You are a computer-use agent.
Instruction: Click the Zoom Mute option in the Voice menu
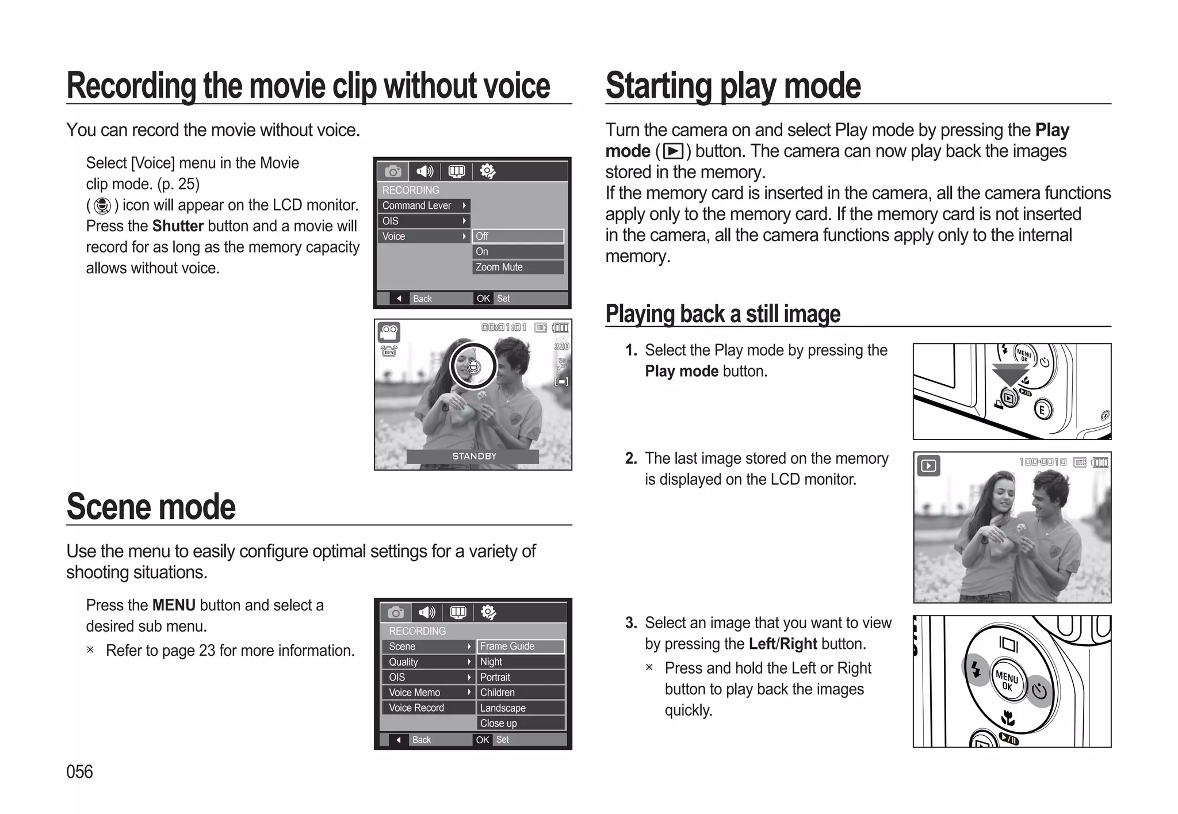518,267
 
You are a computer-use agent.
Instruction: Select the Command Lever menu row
423,205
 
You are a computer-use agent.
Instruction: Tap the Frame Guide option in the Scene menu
520,646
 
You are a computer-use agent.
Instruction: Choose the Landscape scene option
520,708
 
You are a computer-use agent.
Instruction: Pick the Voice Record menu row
427,708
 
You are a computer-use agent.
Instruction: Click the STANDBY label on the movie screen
473,456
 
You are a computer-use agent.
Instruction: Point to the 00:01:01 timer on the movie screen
504,328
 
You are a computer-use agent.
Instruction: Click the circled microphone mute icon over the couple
473,366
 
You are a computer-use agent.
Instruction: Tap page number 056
79,771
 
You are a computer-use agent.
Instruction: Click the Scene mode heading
151,507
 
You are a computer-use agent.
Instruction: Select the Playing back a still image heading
722,314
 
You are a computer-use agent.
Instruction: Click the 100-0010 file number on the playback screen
1042,462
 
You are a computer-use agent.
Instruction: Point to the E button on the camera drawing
1042,410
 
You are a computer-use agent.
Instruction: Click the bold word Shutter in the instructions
178,226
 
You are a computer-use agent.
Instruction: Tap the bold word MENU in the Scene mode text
174,605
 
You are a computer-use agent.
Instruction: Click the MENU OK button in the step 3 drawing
1007,681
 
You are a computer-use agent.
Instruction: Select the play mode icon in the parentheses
673,151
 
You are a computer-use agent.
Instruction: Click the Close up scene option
520,723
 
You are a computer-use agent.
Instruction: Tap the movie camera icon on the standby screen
389,332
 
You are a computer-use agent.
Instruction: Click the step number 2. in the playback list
631,458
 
